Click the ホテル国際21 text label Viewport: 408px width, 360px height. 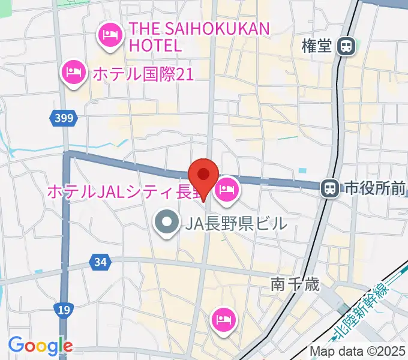click(x=142, y=74)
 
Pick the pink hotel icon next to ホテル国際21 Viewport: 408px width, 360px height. click(x=73, y=74)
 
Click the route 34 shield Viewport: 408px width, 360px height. click(x=100, y=261)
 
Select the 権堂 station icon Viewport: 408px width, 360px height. click(x=346, y=46)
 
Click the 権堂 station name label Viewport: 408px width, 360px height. click(x=316, y=47)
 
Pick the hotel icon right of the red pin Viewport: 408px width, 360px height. click(x=227, y=191)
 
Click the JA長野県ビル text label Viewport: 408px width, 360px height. click(x=236, y=224)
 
